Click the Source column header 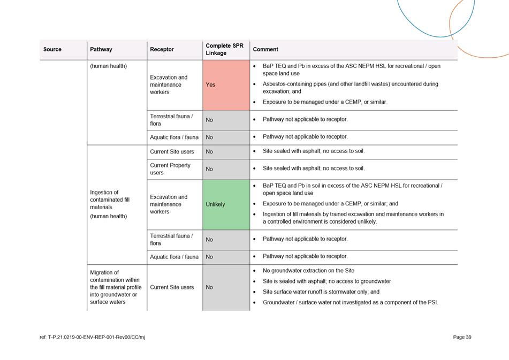pos(52,49)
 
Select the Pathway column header pos(101,49)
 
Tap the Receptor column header pos(162,49)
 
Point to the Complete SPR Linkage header pos(225,49)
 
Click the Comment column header pos(265,49)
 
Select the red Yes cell pos(226,85)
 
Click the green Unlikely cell pos(226,204)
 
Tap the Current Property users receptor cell pos(170,169)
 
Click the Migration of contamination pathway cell pos(115,287)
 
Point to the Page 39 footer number pos(462,337)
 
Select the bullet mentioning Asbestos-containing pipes pos(350,87)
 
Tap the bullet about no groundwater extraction pos(308,271)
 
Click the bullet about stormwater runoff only pos(321,292)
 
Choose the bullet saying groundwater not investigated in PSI pos(350,302)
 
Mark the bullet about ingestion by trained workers pos(353,218)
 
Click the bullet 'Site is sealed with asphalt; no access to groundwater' pos(326,281)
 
